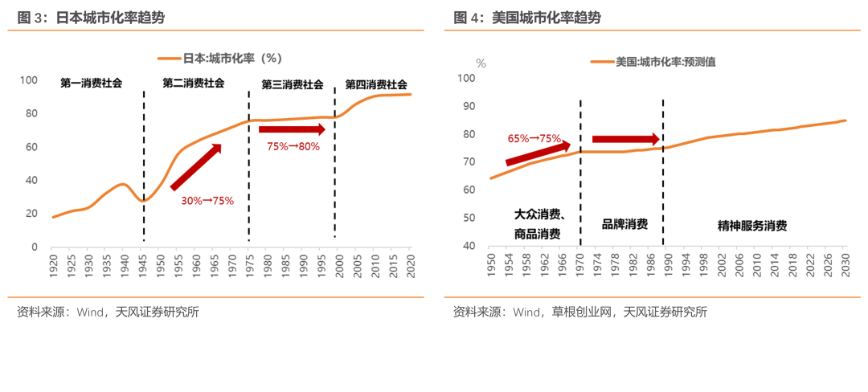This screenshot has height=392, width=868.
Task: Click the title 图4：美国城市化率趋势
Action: pyautogui.click(x=527, y=18)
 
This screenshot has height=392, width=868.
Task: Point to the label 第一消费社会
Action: pyautogui.click(x=92, y=84)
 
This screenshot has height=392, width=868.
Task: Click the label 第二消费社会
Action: pyautogui.click(x=194, y=84)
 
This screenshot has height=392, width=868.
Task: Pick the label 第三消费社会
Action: pyautogui.click(x=293, y=84)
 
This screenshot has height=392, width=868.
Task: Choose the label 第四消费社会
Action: pyautogui.click(x=376, y=84)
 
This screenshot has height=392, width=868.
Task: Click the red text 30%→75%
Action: pyautogui.click(x=207, y=201)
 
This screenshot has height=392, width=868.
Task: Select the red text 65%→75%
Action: pyautogui.click(x=534, y=138)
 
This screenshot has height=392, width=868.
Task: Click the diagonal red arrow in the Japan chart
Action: pyautogui.click(x=195, y=167)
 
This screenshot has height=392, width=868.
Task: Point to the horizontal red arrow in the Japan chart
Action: pyautogui.click(x=292, y=129)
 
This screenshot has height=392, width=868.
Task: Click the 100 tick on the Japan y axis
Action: pyautogui.click(x=29, y=80)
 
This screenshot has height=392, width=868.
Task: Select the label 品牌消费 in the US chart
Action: pyautogui.click(x=624, y=224)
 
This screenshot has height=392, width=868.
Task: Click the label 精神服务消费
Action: pyautogui.click(x=752, y=227)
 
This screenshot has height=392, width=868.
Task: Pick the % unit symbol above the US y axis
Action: pyautogui.click(x=481, y=63)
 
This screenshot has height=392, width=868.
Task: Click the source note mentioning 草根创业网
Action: pyautogui.click(x=579, y=312)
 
